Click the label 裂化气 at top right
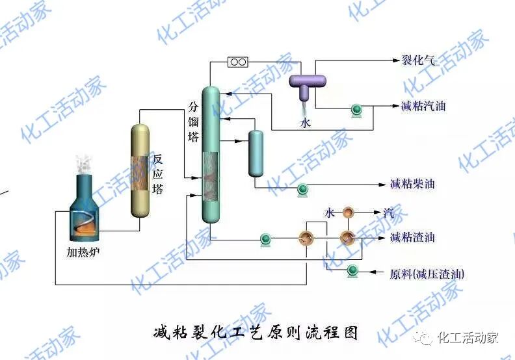pyautogui.click(x=417, y=62)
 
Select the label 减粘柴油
pyautogui.click(x=412, y=184)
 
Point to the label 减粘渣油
pyautogui.click(x=412, y=237)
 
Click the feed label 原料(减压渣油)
pyautogui.click(x=427, y=274)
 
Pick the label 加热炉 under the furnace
pyautogui.click(x=85, y=251)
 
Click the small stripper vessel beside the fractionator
pyautogui.click(x=256, y=153)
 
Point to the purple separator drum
pyautogui.click(x=307, y=82)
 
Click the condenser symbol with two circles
pyautogui.click(x=237, y=62)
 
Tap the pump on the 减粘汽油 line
pyautogui.click(x=356, y=110)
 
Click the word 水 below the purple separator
pyautogui.click(x=305, y=122)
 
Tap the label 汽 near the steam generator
pyautogui.click(x=388, y=212)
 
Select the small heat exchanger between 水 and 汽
pyautogui.click(x=349, y=212)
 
